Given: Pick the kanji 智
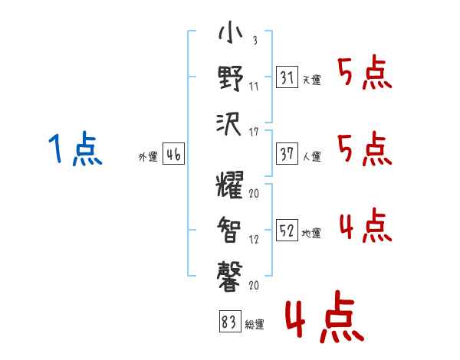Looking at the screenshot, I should (x=230, y=228).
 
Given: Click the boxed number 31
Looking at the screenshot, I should (x=286, y=77).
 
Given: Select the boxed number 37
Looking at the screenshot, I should (x=286, y=154).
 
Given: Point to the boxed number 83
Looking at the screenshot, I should (x=228, y=323).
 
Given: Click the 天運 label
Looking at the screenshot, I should (x=311, y=80).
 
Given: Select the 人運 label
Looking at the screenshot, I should (x=311, y=157).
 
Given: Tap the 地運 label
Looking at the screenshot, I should (x=311, y=234).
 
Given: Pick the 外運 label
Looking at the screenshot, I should (x=147, y=157).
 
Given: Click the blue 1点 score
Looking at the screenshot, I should (x=75, y=149).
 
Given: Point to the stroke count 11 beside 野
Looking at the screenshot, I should (x=254, y=86).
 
